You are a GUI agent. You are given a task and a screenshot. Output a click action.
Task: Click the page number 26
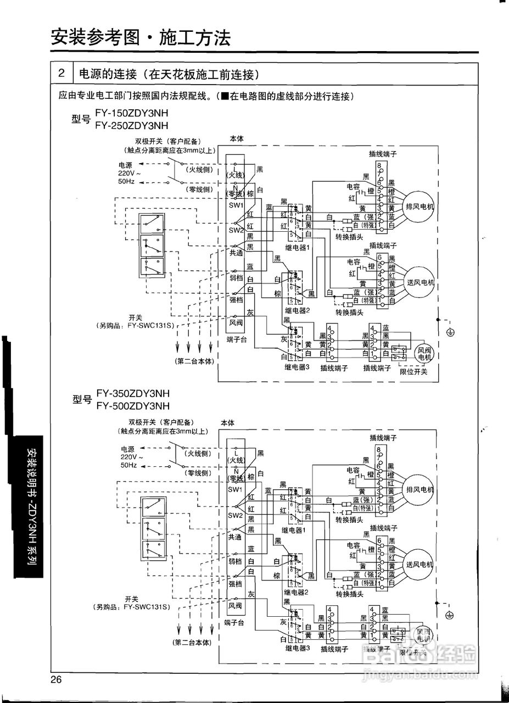[56, 680]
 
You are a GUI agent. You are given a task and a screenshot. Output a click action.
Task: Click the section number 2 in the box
[62, 74]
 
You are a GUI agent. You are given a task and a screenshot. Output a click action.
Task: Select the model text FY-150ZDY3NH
[132, 114]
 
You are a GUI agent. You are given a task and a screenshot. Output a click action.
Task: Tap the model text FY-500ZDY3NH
[133, 406]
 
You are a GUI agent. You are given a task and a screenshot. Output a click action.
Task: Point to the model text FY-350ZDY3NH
[133, 394]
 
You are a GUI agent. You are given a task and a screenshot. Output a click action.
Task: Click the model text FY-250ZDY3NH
[132, 125]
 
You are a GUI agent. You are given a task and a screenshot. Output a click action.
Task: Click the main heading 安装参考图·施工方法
[140, 38]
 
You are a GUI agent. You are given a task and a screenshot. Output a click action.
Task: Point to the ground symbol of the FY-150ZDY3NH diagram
[450, 332]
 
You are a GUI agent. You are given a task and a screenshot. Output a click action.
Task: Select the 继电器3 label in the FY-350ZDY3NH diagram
[298, 648]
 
